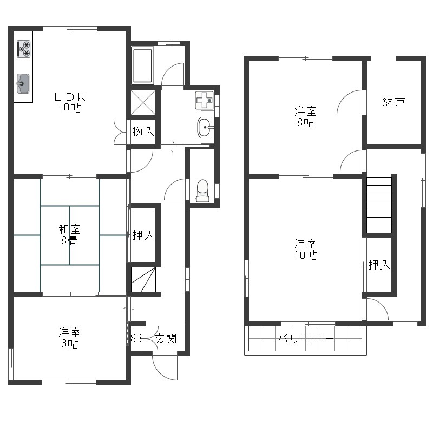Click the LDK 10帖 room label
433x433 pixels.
70,102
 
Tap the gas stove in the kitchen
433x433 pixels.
23,49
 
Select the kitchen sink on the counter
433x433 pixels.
23,83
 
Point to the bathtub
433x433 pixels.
142,65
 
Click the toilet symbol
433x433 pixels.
202,191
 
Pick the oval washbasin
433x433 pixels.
205,127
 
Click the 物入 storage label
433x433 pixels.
143,132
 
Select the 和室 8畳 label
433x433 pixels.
70,235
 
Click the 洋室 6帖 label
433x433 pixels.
69,338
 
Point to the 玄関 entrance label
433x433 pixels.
166,339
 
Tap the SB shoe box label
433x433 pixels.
136,338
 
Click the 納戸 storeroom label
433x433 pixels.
394,102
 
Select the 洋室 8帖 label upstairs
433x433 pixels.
305,116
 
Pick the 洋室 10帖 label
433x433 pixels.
305,249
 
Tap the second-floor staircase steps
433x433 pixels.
379,205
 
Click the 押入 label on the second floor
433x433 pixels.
379,265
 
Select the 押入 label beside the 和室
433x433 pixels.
143,235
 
